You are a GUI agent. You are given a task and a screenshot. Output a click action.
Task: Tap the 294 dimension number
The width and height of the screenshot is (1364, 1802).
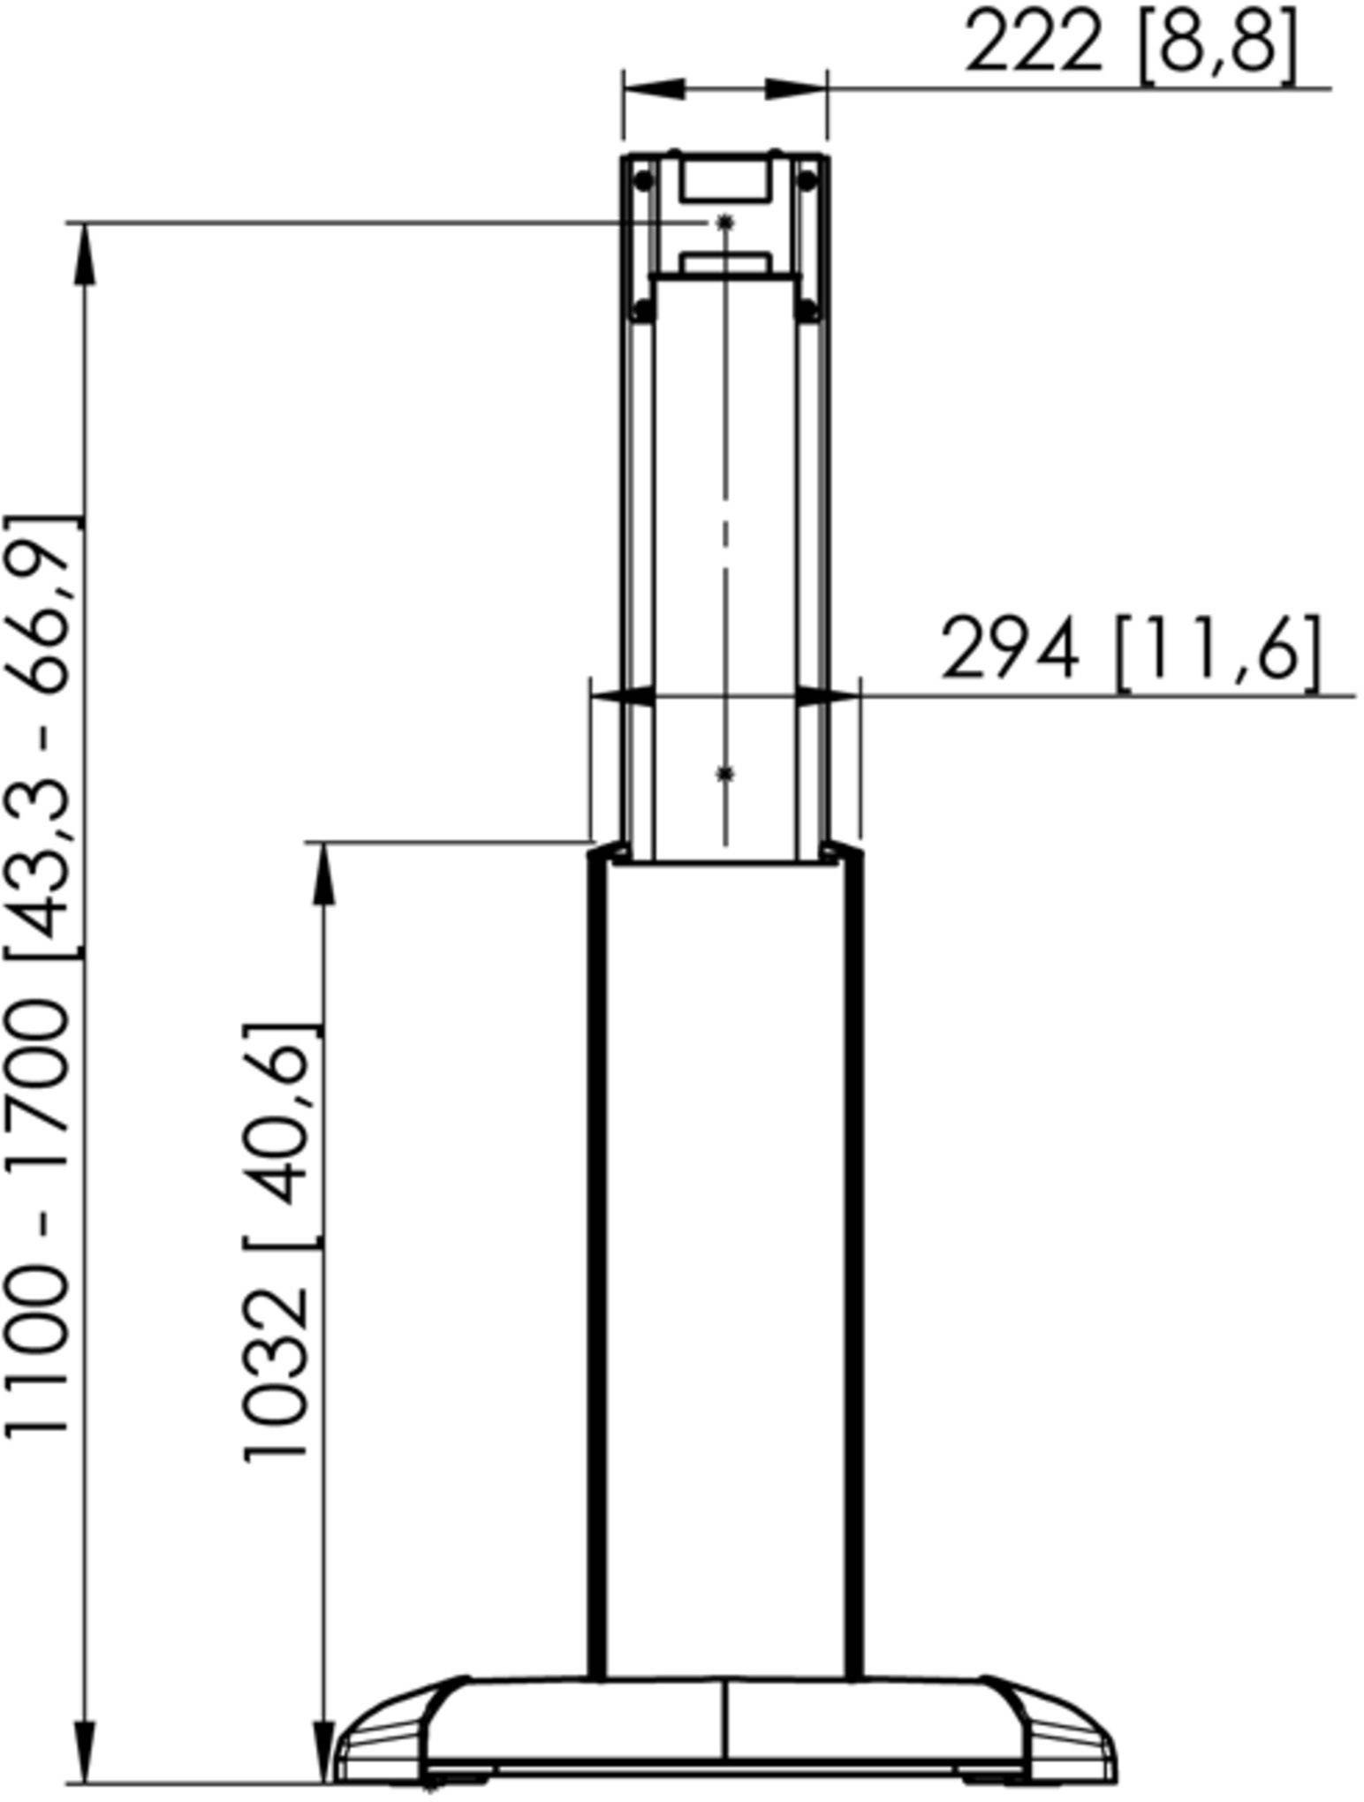[x=1010, y=650]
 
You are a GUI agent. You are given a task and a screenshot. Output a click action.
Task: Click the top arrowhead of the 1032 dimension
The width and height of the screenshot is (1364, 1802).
[x=325, y=873]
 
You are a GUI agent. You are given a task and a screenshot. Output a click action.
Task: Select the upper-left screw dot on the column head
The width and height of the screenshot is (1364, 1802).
[x=644, y=180]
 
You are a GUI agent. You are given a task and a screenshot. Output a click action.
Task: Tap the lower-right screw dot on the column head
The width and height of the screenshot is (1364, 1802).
[x=807, y=310]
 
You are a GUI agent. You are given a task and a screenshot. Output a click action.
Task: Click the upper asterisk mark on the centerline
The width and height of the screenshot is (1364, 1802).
[x=725, y=223]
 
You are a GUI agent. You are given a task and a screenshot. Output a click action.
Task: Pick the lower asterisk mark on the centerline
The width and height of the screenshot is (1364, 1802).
[x=725, y=775]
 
